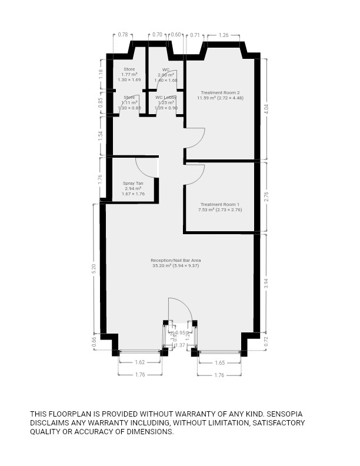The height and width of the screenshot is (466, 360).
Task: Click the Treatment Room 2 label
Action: [220, 92]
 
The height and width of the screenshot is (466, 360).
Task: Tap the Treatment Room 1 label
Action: [219, 204]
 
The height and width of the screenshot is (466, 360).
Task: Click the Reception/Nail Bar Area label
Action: [179, 260]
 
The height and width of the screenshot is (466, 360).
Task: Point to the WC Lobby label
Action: [166, 97]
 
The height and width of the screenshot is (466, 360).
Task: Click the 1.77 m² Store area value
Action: [128, 75]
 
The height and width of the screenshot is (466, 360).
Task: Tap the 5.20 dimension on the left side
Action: [94, 268]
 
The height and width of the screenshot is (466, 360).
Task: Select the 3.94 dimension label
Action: [266, 282]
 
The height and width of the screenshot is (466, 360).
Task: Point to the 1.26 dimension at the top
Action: [223, 35]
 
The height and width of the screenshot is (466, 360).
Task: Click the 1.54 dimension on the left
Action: [101, 135]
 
